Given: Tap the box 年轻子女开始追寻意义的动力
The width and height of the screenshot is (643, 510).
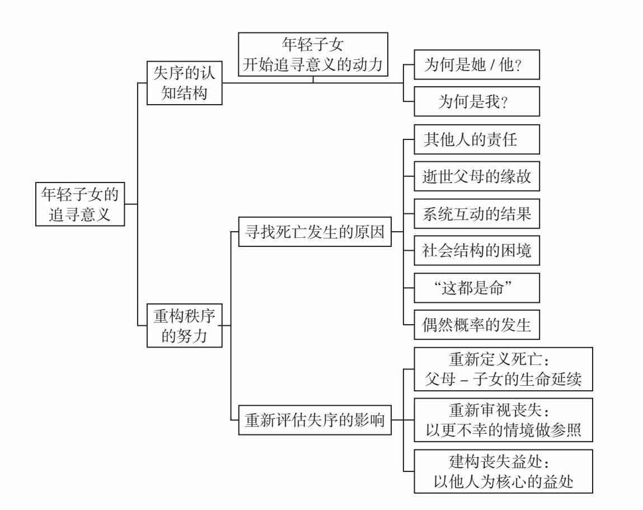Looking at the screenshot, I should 312,54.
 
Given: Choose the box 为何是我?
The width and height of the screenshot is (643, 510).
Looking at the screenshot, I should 476,101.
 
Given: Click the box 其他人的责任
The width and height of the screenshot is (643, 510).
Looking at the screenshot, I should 476,139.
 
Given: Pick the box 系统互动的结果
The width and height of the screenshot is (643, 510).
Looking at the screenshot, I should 476,214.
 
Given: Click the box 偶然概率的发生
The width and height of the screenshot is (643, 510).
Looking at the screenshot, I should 476,325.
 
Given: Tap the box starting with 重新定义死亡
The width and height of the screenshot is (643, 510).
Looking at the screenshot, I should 502,369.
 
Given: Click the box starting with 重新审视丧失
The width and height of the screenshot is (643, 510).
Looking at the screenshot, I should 502,420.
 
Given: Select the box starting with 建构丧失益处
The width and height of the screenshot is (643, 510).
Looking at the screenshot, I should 502,470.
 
